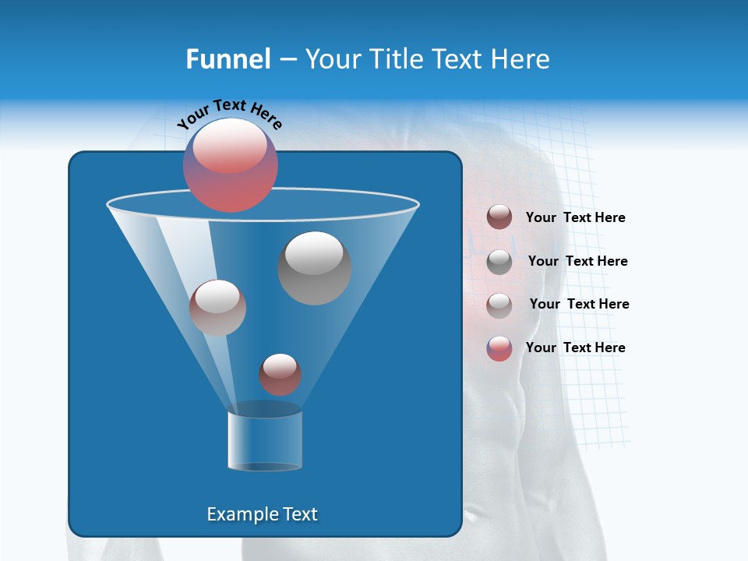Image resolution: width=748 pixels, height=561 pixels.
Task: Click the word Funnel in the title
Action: [228, 59]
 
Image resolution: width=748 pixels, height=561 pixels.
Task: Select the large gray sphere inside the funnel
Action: [314, 268]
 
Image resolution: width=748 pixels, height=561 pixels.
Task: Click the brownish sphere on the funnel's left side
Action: [217, 308]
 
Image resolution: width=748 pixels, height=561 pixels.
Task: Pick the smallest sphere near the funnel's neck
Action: [280, 375]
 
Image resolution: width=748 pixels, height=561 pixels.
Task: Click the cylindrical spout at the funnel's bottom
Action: [265, 441]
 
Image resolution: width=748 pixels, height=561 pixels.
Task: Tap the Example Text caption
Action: [262, 514]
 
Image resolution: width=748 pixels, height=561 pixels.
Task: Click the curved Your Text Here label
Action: [229, 112]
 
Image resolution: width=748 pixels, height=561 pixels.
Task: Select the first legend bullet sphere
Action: [499, 217]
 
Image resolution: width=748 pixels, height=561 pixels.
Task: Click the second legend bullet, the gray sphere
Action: [499, 262]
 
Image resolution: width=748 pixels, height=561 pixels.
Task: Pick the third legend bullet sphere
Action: [499, 305]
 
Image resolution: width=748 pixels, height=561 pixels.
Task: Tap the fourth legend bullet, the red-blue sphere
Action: [499, 348]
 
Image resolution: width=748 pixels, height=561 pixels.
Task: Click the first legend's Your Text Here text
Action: [575, 218]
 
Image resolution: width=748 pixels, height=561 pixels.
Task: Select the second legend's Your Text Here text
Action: [577, 262]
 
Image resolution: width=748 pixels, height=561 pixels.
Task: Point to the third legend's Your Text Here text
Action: [579, 305]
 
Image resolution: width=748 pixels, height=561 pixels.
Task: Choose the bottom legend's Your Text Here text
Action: [575, 348]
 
